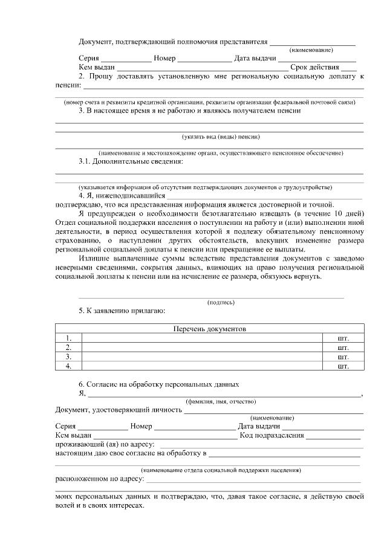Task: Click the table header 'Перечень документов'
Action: pyautogui.click(x=210, y=329)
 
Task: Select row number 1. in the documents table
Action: pyautogui.click(x=69, y=338)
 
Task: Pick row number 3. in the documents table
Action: pyautogui.click(x=69, y=357)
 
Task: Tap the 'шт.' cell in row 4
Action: pyautogui.click(x=343, y=366)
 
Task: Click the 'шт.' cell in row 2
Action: pyautogui.click(x=343, y=348)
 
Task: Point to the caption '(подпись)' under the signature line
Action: pyautogui.click(x=221, y=302)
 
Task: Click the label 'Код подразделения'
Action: pyautogui.click(x=272, y=435)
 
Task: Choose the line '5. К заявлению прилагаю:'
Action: pyautogui.click(x=122, y=311)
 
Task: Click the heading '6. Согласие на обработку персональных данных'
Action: pyautogui.click(x=159, y=384)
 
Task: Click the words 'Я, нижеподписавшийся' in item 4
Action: pyautogui.click(x=122, y=196)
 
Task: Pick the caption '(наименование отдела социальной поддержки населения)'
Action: pyautogui.click(x=221, y=470)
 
